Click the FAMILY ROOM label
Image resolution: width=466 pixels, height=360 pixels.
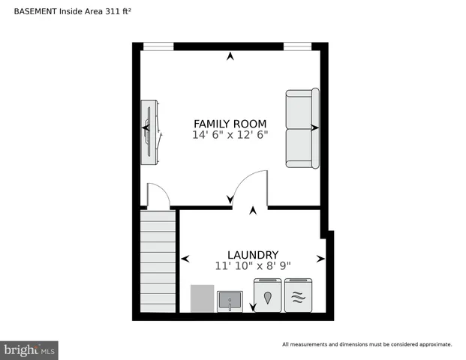230,124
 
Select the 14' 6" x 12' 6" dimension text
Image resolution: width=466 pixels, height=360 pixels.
230,135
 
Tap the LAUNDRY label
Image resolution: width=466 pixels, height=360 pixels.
253,254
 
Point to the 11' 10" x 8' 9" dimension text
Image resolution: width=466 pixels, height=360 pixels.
253,265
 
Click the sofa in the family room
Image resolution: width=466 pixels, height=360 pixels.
302,128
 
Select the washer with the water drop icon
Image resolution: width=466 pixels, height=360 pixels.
268,295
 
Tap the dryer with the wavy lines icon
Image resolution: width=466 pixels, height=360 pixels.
297,295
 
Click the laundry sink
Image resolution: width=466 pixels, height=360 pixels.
230,301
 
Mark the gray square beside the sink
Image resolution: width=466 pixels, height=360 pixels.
203,298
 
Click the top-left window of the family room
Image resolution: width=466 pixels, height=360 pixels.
158,46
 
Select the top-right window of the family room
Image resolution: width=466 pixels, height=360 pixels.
297,46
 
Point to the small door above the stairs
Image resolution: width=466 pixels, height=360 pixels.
158,196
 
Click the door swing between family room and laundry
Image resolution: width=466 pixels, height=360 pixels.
249,187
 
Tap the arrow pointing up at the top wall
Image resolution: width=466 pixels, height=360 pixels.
230,55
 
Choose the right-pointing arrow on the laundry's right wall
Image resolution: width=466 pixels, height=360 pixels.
321,259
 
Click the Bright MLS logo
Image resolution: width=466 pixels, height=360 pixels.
30,349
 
